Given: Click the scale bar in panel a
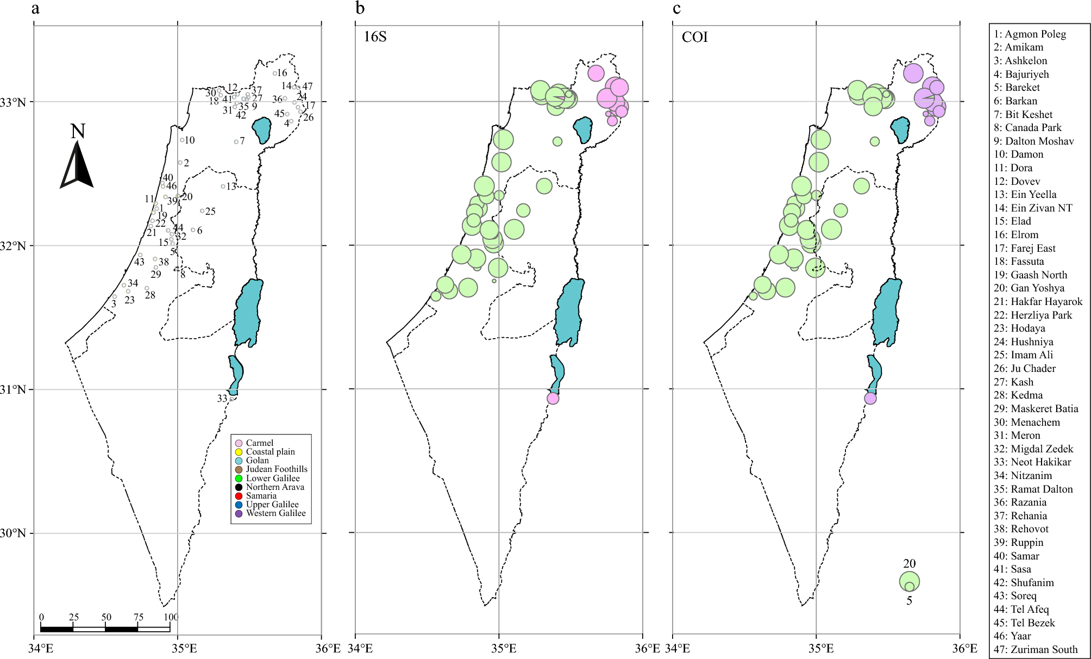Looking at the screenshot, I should click(x=105, y=629).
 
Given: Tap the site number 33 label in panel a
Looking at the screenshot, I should click(x=222, y=399).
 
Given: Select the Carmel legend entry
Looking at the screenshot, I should click(x=259, y=443).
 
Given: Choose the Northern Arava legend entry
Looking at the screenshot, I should click(x=274, y=487).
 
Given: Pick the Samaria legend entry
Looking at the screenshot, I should click(x=261, y=496).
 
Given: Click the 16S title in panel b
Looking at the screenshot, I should click(x=375, y=37).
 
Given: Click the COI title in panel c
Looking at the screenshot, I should click(x=694, y=37).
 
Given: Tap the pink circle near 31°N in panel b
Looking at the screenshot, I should click(x=553, y=399).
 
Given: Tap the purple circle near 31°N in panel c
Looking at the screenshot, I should click(x=870, y=399).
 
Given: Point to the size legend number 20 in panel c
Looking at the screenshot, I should click(x=909, y=564).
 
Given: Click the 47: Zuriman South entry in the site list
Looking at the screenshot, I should click(x=1036, y=649).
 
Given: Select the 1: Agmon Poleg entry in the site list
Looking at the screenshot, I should click(x=1030, y=34).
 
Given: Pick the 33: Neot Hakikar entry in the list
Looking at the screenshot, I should click(x=1032, y=462).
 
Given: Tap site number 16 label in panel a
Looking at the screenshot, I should click(x=282, y=73).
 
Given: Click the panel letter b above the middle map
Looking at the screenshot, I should click(x=360, y=9).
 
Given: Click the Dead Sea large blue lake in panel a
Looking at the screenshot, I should click(x=248, y=313).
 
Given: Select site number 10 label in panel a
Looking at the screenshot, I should click(x=189, y=140).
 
